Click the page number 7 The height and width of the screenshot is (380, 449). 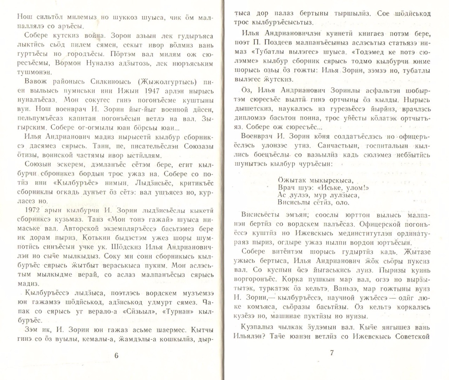tap(332, 353)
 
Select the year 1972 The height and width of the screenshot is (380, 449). tap(34, 210)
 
